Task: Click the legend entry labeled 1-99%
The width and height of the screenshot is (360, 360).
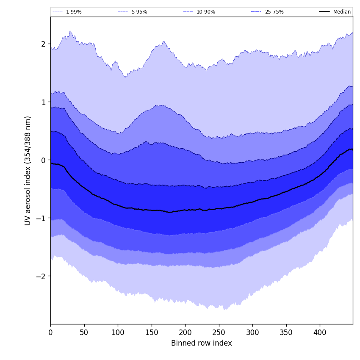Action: (73, 12)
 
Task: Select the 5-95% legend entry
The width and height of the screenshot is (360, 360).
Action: (139, 12)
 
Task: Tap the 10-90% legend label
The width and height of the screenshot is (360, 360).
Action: (205, 12)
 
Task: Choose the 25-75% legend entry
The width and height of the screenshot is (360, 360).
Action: (274, 12)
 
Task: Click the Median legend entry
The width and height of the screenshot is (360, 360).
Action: (342, 12)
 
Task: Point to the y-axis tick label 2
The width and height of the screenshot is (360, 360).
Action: (43, 44)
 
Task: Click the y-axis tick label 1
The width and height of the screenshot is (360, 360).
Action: (43, 102)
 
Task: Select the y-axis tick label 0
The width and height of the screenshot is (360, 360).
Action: (43, 160)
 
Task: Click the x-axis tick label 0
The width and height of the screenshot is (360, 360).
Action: (50, 332)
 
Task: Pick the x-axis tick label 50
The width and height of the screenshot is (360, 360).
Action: (84, 332)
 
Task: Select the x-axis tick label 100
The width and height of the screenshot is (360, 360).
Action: (118, 332)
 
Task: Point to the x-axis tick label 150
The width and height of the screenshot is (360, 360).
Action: (152, 332)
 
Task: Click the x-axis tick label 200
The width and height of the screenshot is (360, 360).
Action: (185, 332)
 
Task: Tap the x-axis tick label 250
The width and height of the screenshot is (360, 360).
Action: (219, 332)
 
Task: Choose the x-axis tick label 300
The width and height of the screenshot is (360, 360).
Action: (252, 332)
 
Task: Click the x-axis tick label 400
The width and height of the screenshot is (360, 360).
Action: (320, 332)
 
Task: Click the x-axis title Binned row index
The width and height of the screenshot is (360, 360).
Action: (202, 343)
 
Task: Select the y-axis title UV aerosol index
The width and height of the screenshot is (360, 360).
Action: (28, 170)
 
